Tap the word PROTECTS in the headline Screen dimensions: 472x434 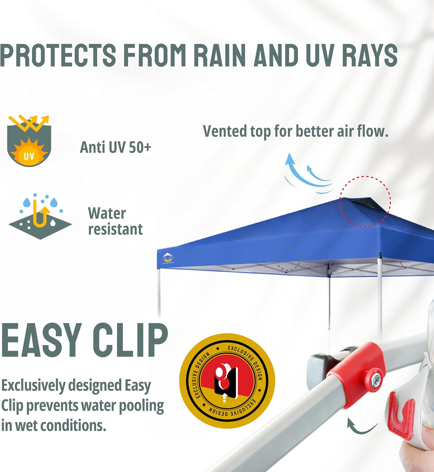[x=58, y=55]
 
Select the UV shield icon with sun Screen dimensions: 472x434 [x=29, y=142]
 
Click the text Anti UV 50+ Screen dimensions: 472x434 [x=116, y=147]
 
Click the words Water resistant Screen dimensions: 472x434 [x=115, y=221]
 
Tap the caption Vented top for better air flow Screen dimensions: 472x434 [x=295, y=131]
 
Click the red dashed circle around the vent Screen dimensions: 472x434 [x=365, y=201]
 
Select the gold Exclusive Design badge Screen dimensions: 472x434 [x=227, y=381]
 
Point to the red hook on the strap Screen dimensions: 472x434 [x=400, y=417]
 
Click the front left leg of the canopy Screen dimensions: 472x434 [x=159, y=293]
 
